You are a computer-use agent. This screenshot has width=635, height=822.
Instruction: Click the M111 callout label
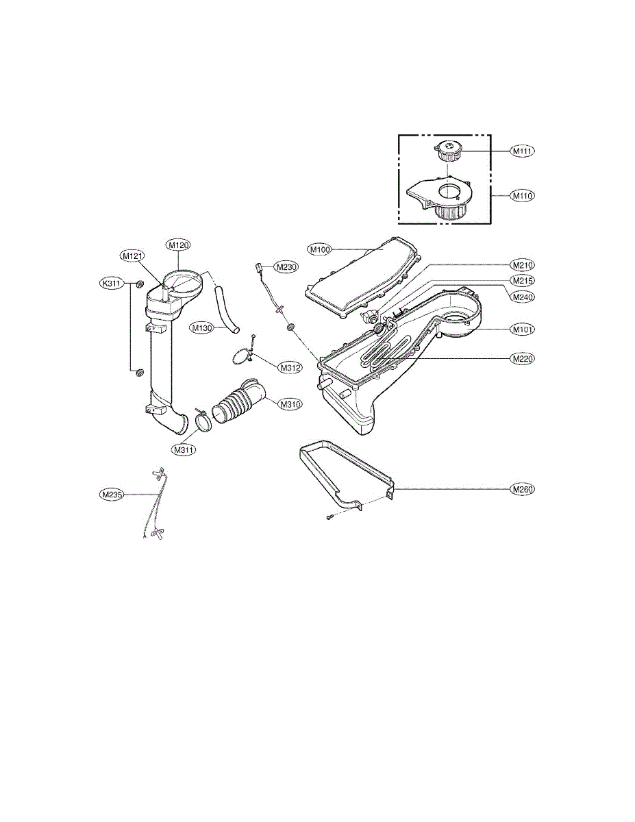(x=523, y=151)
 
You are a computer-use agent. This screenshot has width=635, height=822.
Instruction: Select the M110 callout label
(x=523, y=196)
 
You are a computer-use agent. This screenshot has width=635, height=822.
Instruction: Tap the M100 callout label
(x=320, y=249)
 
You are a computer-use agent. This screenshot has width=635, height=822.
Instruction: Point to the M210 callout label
(x=523, y=265)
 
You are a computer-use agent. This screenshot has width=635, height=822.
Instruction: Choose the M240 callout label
(x=523, y=297)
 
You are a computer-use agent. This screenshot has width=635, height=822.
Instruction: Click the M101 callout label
(x=523, y=329)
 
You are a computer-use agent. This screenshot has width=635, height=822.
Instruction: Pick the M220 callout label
(x=523, y=358)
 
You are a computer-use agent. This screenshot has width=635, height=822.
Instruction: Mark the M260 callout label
(x=523, y=490)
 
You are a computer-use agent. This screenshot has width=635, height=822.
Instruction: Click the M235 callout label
(x=111, y=494)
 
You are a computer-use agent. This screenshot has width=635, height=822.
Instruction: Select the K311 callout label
(x=112, y=283)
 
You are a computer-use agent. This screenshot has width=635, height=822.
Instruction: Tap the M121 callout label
(x=132, y=256)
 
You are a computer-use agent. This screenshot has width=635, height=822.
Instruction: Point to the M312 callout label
(x=290, y=367)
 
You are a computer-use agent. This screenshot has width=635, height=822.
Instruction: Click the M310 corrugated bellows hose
(x=240, y=401)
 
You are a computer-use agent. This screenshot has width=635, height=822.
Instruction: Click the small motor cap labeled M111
(x=449, y=151)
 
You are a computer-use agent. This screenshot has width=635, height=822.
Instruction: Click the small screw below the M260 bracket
(x=329, y=517)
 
